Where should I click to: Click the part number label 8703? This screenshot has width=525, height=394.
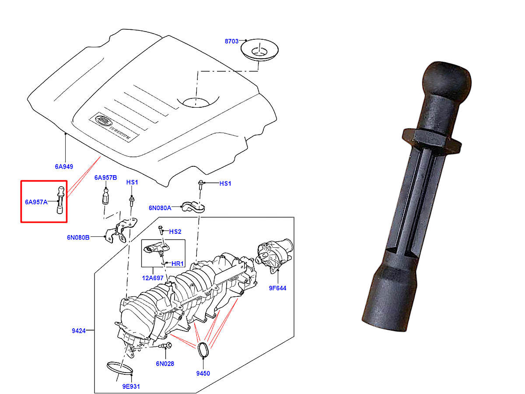(x=231, y=41)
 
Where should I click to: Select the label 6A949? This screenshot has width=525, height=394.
(x=64, y=166)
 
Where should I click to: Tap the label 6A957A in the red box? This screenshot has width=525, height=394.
(x=36, y=202)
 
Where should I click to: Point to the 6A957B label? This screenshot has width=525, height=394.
(x=105, y=178)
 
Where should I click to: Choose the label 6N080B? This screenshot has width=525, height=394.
(x=78, y=237)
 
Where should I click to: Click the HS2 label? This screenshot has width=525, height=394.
(x=175, y=231)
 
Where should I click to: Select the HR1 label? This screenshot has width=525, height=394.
(x=177, y=264)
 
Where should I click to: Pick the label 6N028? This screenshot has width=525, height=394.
(x=164, y=363)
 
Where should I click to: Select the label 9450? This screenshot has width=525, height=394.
(x=203, y=373)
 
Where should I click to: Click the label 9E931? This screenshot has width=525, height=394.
(x=131, y=387)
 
